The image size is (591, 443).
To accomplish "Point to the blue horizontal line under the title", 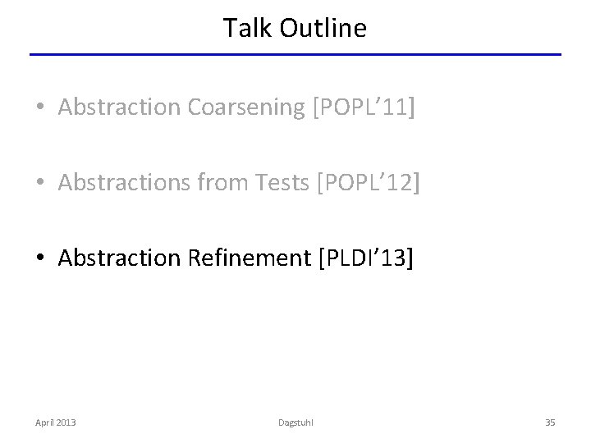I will [x=295, y=55].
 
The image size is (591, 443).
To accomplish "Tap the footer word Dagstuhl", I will [x=295, y=422].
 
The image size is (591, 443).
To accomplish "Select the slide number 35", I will [x=550, y=422].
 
